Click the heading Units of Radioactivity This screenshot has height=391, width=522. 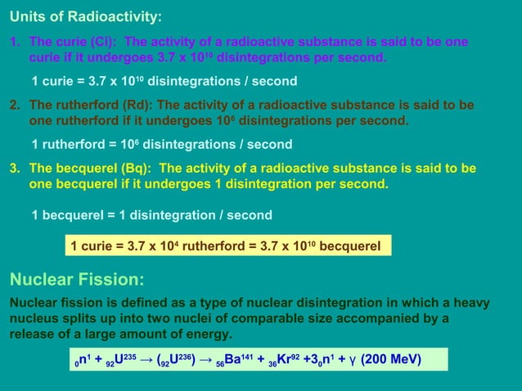point(85,16)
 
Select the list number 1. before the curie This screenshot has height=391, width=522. point(15,41)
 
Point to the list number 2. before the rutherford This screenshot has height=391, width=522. point(15,105)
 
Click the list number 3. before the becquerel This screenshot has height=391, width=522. point(15,168)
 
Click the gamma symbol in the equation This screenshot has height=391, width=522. point(349,360)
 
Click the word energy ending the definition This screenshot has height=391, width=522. point(210,335)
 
